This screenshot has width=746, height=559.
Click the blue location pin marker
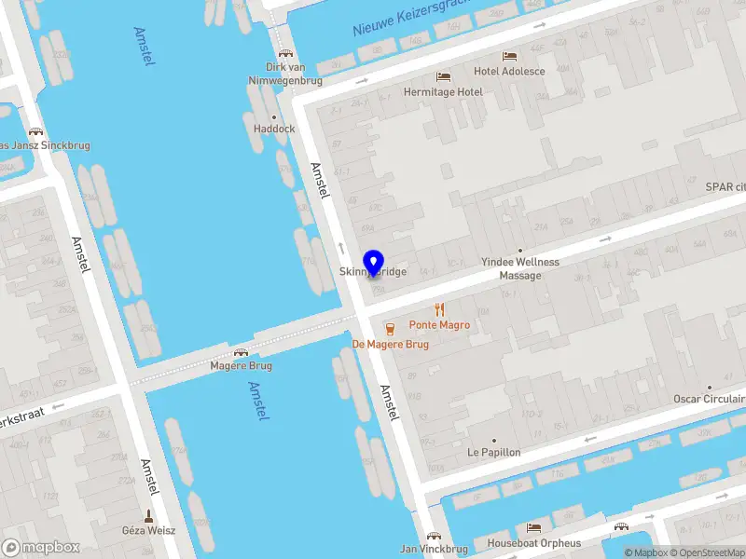pyautogui.click(x=373, y=263)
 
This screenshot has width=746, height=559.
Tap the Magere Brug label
pyautogui.click(x=241, y=366)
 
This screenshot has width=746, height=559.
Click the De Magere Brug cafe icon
pyautogui.click(x=390, y=327)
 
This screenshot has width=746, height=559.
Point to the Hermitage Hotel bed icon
pyautogui.click(x=443, y=76)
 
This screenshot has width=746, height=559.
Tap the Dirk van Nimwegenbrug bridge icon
pyautogui.click(x=284, y=52)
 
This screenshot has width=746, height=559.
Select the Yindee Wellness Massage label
pyautogui.click(x=520, y=268)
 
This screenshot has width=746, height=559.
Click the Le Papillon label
pyautogui.click(x=494, y=452)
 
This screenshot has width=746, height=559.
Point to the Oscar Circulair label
pyautogui.click(x=709, y=399)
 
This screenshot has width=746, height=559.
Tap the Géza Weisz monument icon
pyautogui.click(x=147, y=514)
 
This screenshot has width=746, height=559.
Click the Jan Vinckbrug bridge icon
pyautogui.click(x=434, y=536)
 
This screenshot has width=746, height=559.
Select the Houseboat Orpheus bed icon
pyautogui.click(x=533, y=527)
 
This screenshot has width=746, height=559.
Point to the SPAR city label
pyautogui.click(x=725, y=186)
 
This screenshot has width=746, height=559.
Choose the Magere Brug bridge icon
pyautogui.click(x=241, y=352)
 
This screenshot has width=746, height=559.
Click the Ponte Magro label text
pyautogui.click(x=439, y=325)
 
